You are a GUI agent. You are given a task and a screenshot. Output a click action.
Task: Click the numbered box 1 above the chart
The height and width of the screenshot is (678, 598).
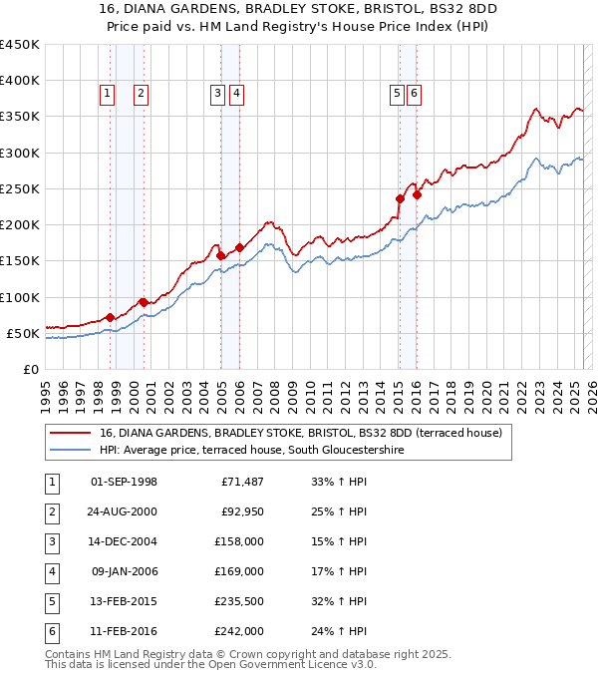coord(107,94)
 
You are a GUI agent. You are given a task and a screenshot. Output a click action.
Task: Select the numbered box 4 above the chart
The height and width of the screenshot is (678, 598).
coord(236,94)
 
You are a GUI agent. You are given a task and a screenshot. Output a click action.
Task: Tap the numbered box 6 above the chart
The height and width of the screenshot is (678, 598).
coord(414,94)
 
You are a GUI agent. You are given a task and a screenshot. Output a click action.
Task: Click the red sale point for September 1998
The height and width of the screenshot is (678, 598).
coord(110,317)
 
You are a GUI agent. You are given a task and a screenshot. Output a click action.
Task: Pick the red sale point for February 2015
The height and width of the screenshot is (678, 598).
coord(400,198)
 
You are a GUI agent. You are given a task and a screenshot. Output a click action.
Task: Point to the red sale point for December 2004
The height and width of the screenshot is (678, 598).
coord(221,255)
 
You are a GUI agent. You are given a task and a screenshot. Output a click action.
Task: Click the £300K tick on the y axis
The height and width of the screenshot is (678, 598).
coord(19,153)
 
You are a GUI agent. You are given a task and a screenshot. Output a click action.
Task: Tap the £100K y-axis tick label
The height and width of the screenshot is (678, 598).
coord(19,297)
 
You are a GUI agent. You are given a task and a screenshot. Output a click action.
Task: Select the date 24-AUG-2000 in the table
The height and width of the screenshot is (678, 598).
coord(124,511)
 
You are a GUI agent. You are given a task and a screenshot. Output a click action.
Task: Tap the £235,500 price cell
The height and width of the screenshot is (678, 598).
coord(238,601)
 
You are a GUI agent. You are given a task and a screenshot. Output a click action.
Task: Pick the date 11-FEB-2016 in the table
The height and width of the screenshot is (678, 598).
coord(124,631)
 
